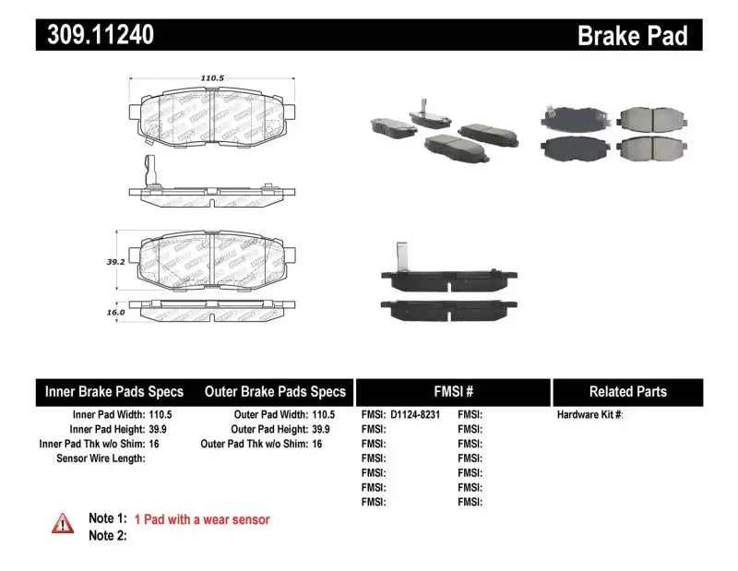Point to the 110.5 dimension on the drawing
[212, 78]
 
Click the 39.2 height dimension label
[116, 261]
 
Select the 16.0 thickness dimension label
[115, 313]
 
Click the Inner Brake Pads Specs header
[114, 391]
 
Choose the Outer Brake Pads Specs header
[275, 391]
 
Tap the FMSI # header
[453, 391]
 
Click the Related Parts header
[628, 391]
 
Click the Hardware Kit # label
[590, 415]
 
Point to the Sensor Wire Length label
[101, 458]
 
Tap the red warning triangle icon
[63, 523]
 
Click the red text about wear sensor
[202, 519]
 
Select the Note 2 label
[107, 536]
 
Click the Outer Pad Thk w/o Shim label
[253, 444]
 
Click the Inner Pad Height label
[107, 429]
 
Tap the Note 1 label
[107, 519]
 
